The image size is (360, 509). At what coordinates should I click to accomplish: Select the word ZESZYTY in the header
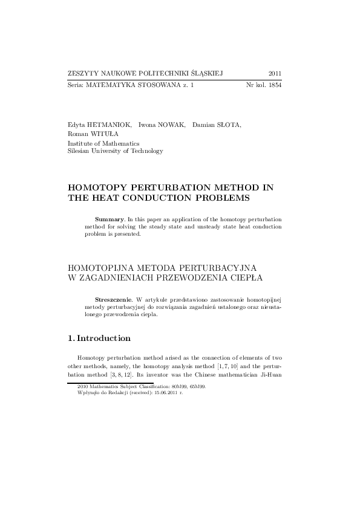click(82, 73)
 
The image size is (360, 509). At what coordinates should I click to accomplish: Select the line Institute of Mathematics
click(103, 143)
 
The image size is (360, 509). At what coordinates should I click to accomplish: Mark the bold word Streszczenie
click(114, 299)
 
